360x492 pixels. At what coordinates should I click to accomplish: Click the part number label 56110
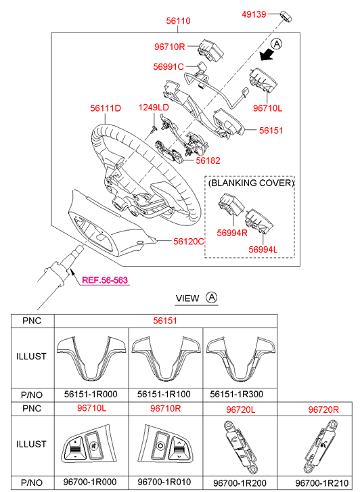[178, 21]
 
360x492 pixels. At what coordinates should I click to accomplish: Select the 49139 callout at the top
[254, 14]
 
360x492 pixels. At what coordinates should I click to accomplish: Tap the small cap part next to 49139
[286, 16]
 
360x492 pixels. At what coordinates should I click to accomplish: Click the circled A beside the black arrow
[277, 43]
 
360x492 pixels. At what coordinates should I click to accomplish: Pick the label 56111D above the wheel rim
[106, 108]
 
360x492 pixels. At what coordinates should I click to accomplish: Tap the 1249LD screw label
[154, 108]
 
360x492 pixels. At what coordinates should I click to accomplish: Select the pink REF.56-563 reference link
[105, 280]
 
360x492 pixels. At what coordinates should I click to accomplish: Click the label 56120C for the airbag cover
[189, 242]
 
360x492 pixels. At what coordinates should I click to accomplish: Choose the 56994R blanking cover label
[232, 233]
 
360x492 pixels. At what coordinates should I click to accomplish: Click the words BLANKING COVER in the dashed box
[251, 183]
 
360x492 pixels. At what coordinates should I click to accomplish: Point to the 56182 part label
[208, 160]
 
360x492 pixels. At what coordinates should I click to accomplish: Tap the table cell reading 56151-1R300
[237, 394]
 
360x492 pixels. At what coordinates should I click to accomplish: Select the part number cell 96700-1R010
[164, 482]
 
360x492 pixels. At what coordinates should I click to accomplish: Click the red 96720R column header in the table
[323, 409]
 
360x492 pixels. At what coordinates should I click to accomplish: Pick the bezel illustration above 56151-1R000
[91, 358]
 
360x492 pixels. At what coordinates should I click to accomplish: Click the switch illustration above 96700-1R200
[240, 447]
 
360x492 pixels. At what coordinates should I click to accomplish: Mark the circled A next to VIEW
[212, 297]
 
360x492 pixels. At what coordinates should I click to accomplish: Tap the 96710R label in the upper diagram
[169, 47]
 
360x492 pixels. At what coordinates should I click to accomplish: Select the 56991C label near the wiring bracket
[168, 67]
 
